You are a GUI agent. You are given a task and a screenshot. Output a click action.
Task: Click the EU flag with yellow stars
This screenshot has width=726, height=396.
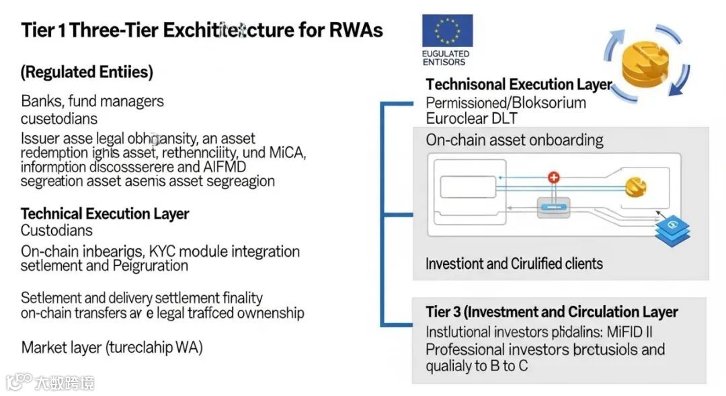click(x=447, y=31)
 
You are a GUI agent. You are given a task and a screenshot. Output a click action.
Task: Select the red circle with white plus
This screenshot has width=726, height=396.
click(x=553, y=177)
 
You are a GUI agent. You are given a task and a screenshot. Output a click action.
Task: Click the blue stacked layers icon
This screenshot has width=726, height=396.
click(x=674, y=229)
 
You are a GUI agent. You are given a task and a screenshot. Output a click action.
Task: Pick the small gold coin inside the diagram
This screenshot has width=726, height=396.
click(x=635, y=187)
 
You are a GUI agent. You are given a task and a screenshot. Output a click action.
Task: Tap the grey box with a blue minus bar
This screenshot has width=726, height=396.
click(x=554, y=206)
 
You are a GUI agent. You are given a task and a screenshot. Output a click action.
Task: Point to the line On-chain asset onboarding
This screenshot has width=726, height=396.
click(x=514, y=140)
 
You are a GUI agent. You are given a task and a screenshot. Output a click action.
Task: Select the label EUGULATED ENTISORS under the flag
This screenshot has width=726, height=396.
click(x=446, y=58)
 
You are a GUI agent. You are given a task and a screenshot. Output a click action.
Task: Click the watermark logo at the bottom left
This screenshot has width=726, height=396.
click(x=50, y=382)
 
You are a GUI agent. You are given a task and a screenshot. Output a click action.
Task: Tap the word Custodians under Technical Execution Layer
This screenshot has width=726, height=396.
click(x=57, y=231)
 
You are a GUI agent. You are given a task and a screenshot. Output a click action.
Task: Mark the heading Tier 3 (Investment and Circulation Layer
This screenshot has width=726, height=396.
click(x=551, y=312)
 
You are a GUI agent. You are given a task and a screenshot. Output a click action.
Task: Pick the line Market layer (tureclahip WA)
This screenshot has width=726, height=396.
click(x=112, y=348)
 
